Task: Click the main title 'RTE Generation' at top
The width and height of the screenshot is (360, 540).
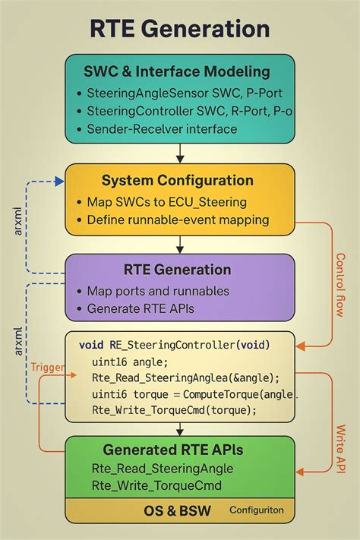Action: click(180, 29)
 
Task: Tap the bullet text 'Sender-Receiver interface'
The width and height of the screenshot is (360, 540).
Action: click(163, 128)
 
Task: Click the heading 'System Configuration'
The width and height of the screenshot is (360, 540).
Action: click(178, 181)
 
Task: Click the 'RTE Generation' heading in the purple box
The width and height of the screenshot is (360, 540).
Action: click(177, 270)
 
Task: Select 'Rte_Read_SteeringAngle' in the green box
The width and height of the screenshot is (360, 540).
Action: click(162, 468)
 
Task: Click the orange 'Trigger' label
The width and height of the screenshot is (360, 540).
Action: click(47, 367)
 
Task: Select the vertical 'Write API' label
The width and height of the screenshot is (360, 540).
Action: click(341, 448)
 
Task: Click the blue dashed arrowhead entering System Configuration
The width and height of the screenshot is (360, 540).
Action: click(60, 182)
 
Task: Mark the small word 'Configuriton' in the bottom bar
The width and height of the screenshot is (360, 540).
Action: click(256, 510)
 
